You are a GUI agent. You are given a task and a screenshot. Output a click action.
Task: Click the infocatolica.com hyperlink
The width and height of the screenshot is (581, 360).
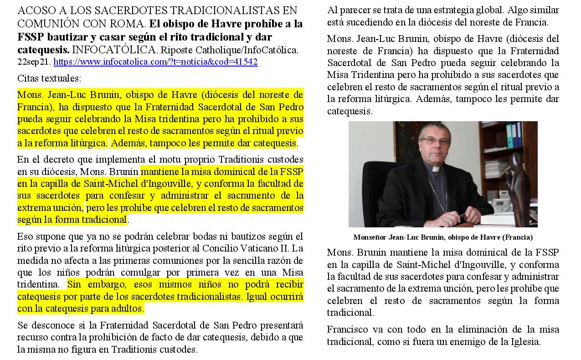pyautogui.click(x=155, y=62)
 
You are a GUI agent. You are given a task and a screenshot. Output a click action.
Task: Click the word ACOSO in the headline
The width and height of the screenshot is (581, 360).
pyautogui.click(x=35, y=10)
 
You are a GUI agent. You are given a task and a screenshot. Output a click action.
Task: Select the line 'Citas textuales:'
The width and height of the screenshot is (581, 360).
pyautogui.click(x=49, y=78)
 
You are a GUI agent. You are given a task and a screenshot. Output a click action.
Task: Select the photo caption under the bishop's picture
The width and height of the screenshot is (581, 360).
pyautogui.click(x=442, y=237)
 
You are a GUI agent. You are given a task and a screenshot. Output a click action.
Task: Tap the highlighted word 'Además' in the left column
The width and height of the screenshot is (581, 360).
pyautogui.click(x=127, y=143)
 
